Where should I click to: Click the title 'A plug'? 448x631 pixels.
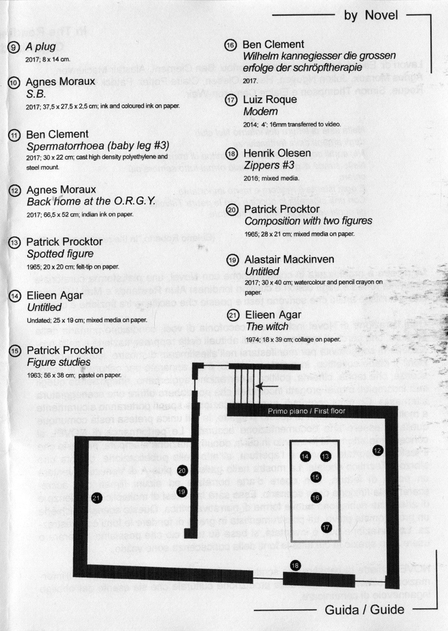pyautogui.click(x=41, y=47)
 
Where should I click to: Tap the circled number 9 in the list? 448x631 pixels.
pyautogui.click(x=14, y=48)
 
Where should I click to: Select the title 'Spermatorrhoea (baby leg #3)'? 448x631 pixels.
pyautogui.click(x=98, y=146)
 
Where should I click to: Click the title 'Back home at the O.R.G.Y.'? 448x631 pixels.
pyautogui.click(x=91, y=201)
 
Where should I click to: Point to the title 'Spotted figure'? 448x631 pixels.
pyautogui.click(x=60, y=254)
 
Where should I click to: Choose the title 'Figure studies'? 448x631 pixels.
pyautogui.click(x=58, y=362)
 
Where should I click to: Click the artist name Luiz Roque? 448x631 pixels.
pyautogui.click(x=270, y=99)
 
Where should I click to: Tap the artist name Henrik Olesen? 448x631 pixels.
pyautogui.click(x=277, y=153)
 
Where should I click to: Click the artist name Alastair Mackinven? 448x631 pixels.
pyautogui.click(x=289, y=259)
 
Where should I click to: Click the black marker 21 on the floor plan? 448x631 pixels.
pyautogui.click(x=96, y=497)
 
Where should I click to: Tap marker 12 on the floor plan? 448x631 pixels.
pyautogui.click(x=377, y=451)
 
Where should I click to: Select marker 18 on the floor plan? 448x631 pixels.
pyautogui.click(x=295, y=565)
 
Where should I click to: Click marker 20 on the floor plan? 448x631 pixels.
pyautogui.click(x=182, y=471)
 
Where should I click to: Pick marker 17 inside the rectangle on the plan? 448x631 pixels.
pyautogui.click(x=326, y=527)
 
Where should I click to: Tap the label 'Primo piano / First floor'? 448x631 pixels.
pyautogui.click(x=306, y=411)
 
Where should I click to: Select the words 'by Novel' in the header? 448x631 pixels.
pyautogui.click(x=371, y=15)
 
